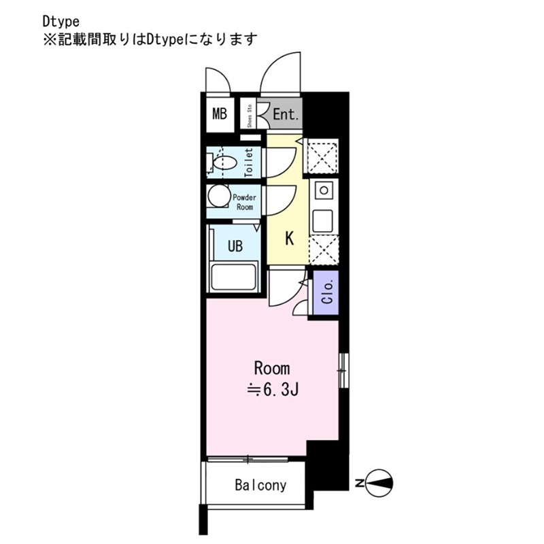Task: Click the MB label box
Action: [x=219, y=114]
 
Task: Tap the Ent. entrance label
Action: [x=286, y=115]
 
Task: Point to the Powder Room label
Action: [x=244, y=202]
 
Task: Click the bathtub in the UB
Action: [x=234, y=278]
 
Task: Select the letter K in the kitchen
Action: [x=288, y=239]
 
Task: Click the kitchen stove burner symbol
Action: [x=324, y=189]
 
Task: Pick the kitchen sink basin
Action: [x=322, y=220]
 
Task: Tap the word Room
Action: [x=271, y=369]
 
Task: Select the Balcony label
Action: [x=260, y=486]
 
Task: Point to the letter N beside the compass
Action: [x=359, y=483]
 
